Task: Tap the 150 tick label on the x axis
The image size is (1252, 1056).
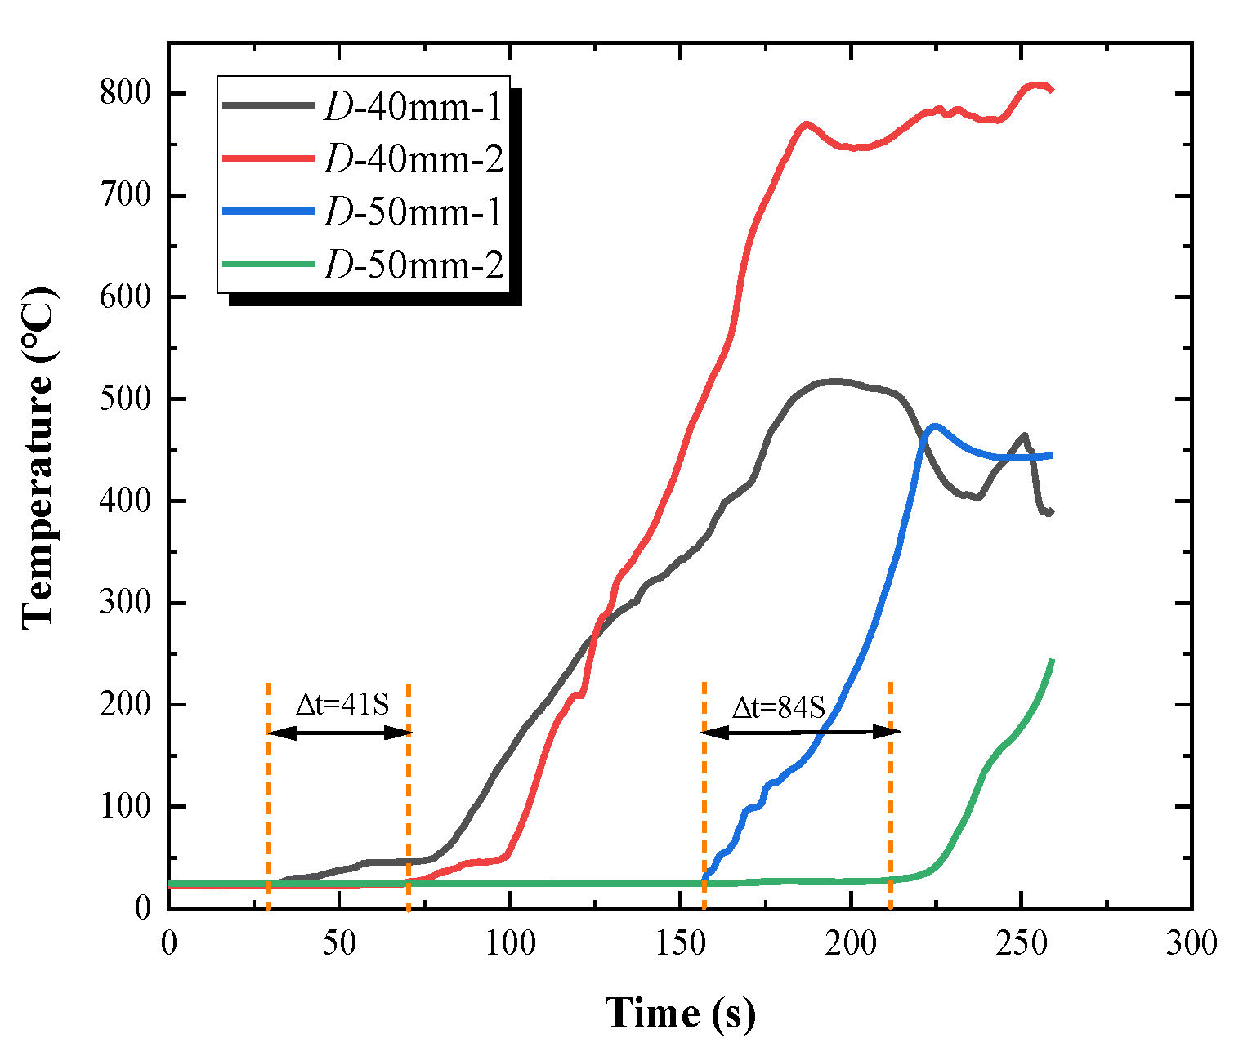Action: tap(680, 944)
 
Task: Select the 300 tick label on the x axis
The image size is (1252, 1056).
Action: tap(1192, 944)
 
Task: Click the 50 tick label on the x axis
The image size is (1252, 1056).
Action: tap(338, 944)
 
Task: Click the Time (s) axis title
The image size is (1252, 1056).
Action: tap(680, 1013)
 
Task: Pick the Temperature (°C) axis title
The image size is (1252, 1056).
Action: tap(39, 457)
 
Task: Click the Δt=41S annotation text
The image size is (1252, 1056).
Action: tap(342, 704)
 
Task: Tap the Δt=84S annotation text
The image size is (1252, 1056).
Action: tap(778, 707)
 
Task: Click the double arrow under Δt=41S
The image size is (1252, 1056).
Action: tap(339, 733)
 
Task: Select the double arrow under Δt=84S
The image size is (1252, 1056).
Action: tap(800, 732)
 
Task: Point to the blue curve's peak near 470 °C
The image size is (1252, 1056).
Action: tap(934, 425)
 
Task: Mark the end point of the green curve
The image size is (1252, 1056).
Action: tap(1051, 660)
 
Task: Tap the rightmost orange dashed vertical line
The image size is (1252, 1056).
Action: tap(890, 792)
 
